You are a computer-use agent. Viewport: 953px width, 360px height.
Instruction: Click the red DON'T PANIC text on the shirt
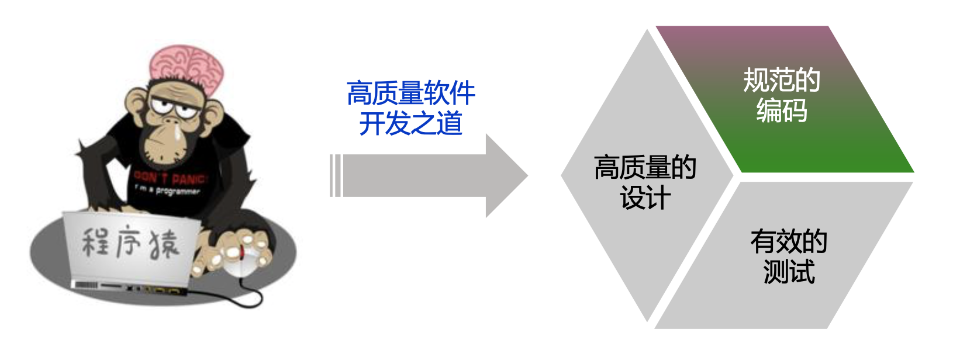[170, 176]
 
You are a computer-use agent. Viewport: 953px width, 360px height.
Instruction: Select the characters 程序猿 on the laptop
[129, 243]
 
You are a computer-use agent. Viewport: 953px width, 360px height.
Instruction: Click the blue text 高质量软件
[410, 94]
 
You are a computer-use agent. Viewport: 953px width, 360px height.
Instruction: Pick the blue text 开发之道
[410, 124]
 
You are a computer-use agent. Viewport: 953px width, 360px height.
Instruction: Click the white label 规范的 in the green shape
[782, 81]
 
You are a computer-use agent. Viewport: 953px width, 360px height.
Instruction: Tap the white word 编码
[782, 110]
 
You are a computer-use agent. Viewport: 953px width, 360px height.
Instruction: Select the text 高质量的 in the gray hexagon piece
[645, 168]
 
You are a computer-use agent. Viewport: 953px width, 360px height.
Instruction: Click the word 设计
[645, 198]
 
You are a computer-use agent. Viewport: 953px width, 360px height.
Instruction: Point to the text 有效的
[789, 241]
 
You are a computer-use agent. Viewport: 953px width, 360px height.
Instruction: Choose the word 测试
[789, 272]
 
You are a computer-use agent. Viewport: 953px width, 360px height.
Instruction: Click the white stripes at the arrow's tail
[335, 175]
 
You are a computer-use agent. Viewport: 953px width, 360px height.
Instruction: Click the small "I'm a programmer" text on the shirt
[167, 190]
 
